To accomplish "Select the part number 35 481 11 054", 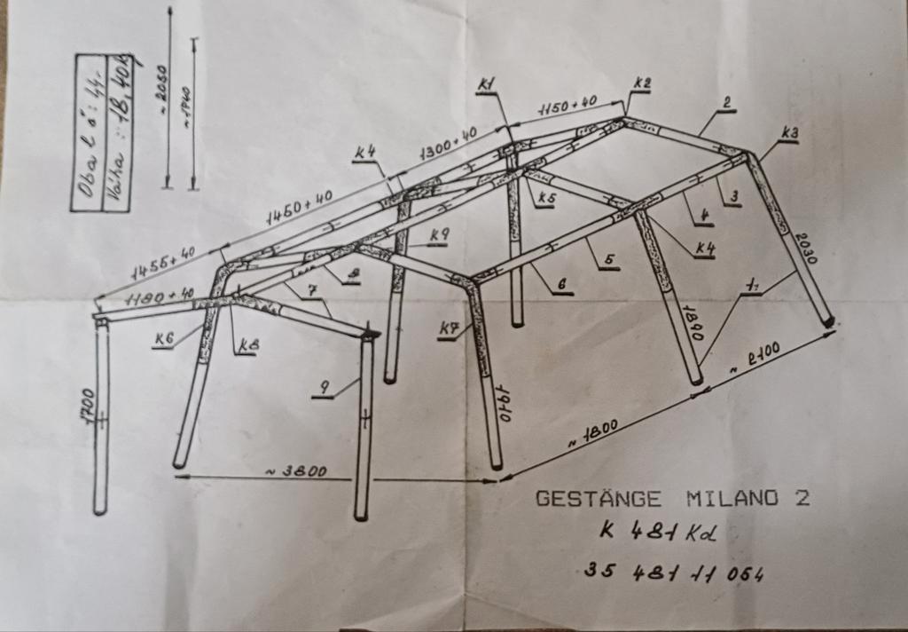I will pos(675,572).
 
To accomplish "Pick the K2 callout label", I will pos(642,83).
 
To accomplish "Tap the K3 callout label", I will pos(789,133).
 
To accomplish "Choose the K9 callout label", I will pos(440,234).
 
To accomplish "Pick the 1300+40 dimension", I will pos(449,142).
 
